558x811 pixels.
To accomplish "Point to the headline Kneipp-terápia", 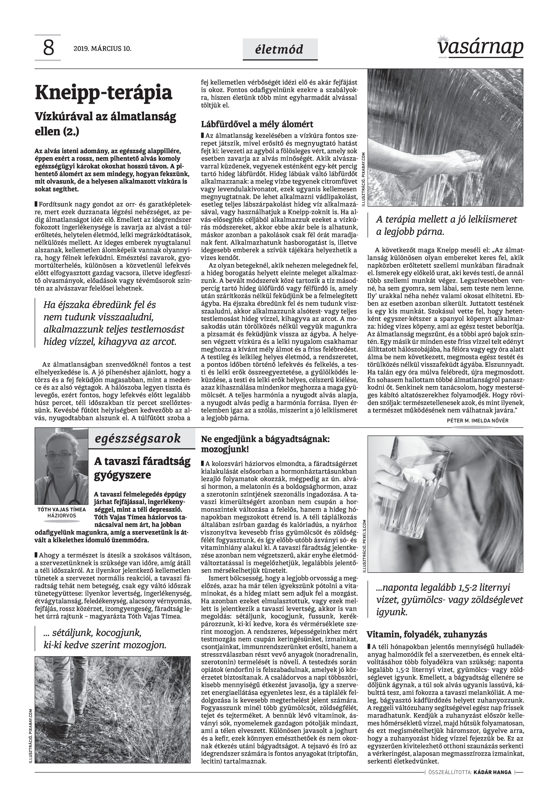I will pyautogui.click(x=104, y=93).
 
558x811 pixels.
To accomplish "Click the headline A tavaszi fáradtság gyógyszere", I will pyautogui.click(x=142, y=468).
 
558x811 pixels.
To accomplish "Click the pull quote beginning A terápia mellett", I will pyautogui.click(x=446, y=225).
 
